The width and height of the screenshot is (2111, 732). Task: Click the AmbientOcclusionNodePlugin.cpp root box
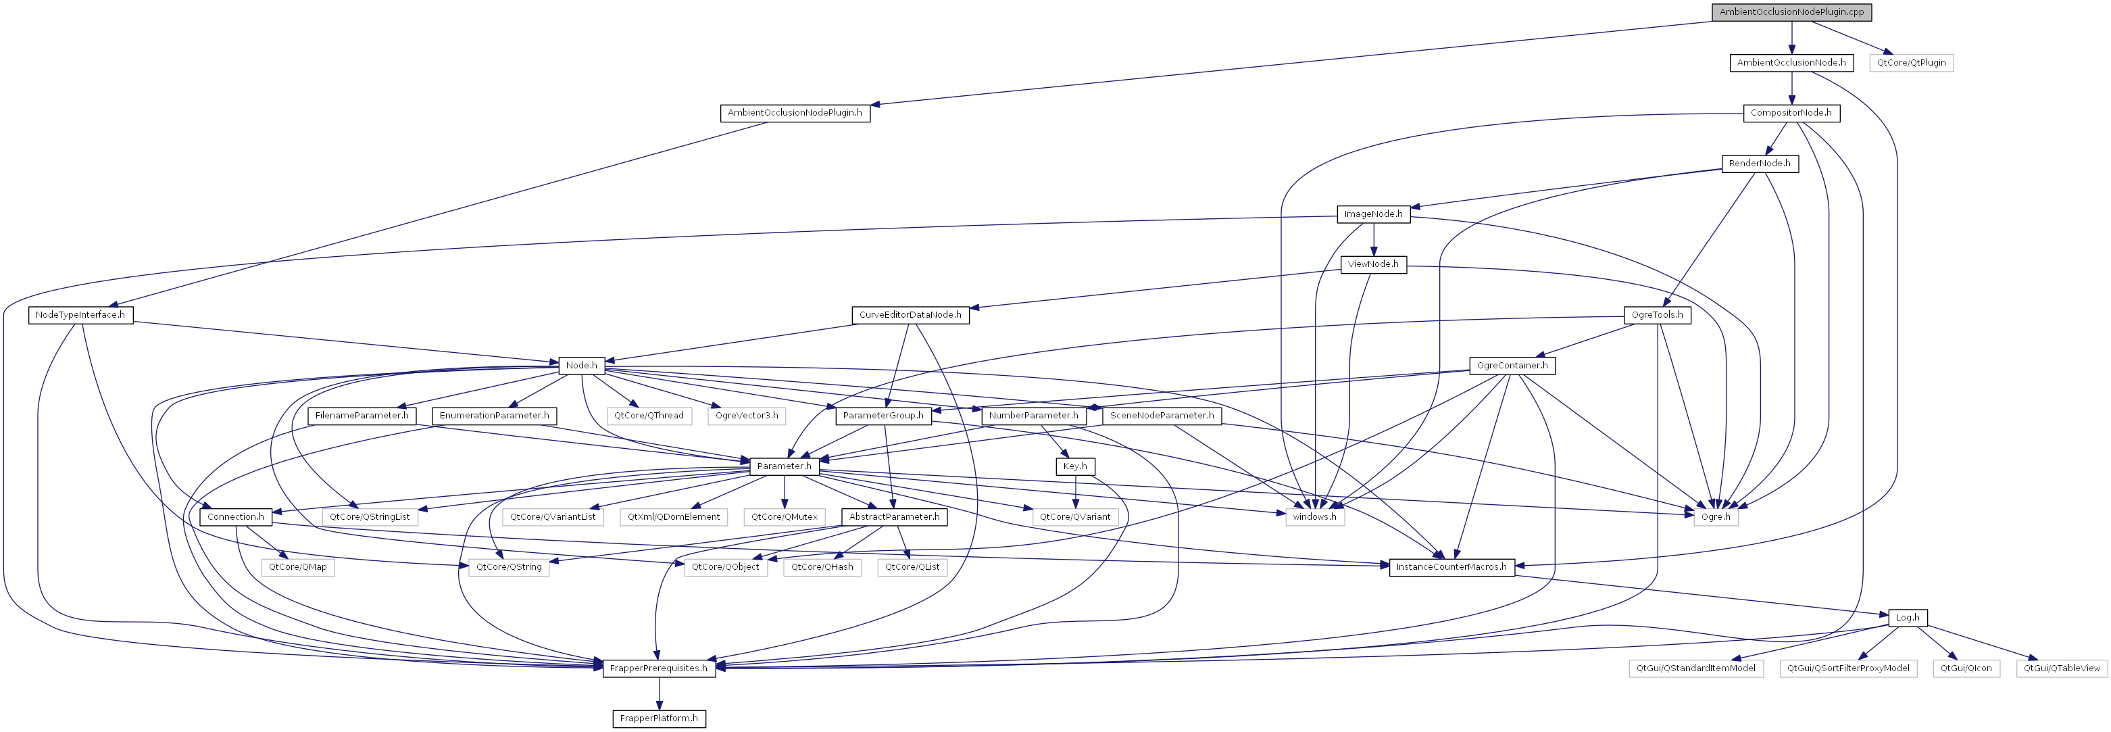tap(1791, 12)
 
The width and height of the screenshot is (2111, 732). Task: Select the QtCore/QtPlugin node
tap(1911, 63)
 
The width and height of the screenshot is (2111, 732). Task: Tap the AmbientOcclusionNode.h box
tap(1791, 63)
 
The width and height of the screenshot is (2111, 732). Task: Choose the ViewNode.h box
tap(1374, 265)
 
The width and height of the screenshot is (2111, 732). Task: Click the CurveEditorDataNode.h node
tap(910, 316)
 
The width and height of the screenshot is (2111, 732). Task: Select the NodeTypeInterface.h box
tap(80, 316)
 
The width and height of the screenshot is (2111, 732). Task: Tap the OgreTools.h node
tap(1657, 316)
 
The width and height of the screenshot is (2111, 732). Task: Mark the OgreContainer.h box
tap(1512, 366)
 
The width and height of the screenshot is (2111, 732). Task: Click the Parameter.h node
tap(785, 466)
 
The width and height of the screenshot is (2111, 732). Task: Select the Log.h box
tap(1907, 618)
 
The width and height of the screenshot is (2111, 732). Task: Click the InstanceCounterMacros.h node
tap(1451, 567)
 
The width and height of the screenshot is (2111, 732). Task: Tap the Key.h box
tap(1074, 466)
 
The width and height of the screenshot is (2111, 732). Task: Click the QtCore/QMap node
tap(297, 567)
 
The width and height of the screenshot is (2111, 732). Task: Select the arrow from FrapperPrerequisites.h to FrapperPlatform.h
tap(659, 693)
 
